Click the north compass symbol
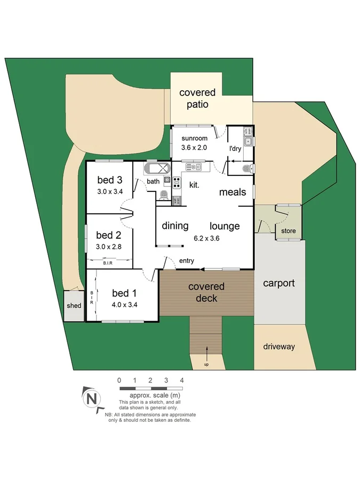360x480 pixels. pyautogui.click(x=92, y=398)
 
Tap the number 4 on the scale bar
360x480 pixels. pyautogui.click(x=182, y=380)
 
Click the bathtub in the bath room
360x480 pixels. pyautogui.click(x=156, y=170)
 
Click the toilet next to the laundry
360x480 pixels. pyautogui.click(x=246, y=169)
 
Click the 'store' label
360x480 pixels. pyautogui.click(x=288, y=231)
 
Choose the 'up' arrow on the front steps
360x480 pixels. pyautogui.click(x=206, y=352)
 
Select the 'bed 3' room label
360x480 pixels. pyautogui.click(x=110, y=179)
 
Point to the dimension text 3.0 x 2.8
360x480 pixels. pyautogui.click(x=109, y=246)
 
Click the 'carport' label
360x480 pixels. pyautogui.click(x=278, y=283)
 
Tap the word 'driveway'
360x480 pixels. pyautogui.click(x=278, y=346)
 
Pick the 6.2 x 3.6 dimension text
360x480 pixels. pyautogui.click(x=207, y=238)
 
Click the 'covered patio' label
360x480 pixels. pyautogui.click(x=197, y=98)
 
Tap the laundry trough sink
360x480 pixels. pyautogui.click(x=248, y=141)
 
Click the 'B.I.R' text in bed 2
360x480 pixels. pyautogui.click(x=108, y=262)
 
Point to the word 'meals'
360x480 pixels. pyautogui.click(x=233, y=192)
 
